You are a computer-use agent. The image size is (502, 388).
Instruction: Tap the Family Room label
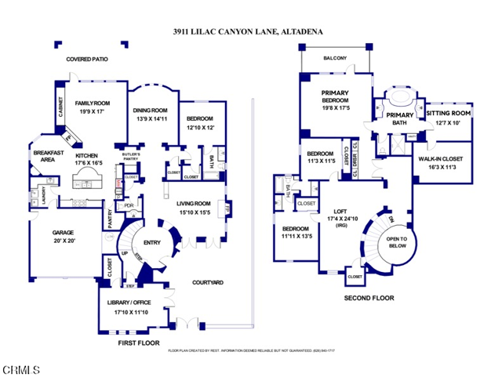point(93,103)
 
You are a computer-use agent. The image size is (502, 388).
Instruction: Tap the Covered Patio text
point(87,59)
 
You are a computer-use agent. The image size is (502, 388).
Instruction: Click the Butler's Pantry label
point(131,157)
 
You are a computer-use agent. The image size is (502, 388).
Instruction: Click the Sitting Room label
point(448,113)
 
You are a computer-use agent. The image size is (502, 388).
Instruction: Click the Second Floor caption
point(369,298)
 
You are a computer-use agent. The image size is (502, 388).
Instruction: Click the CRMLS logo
point(18,368)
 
